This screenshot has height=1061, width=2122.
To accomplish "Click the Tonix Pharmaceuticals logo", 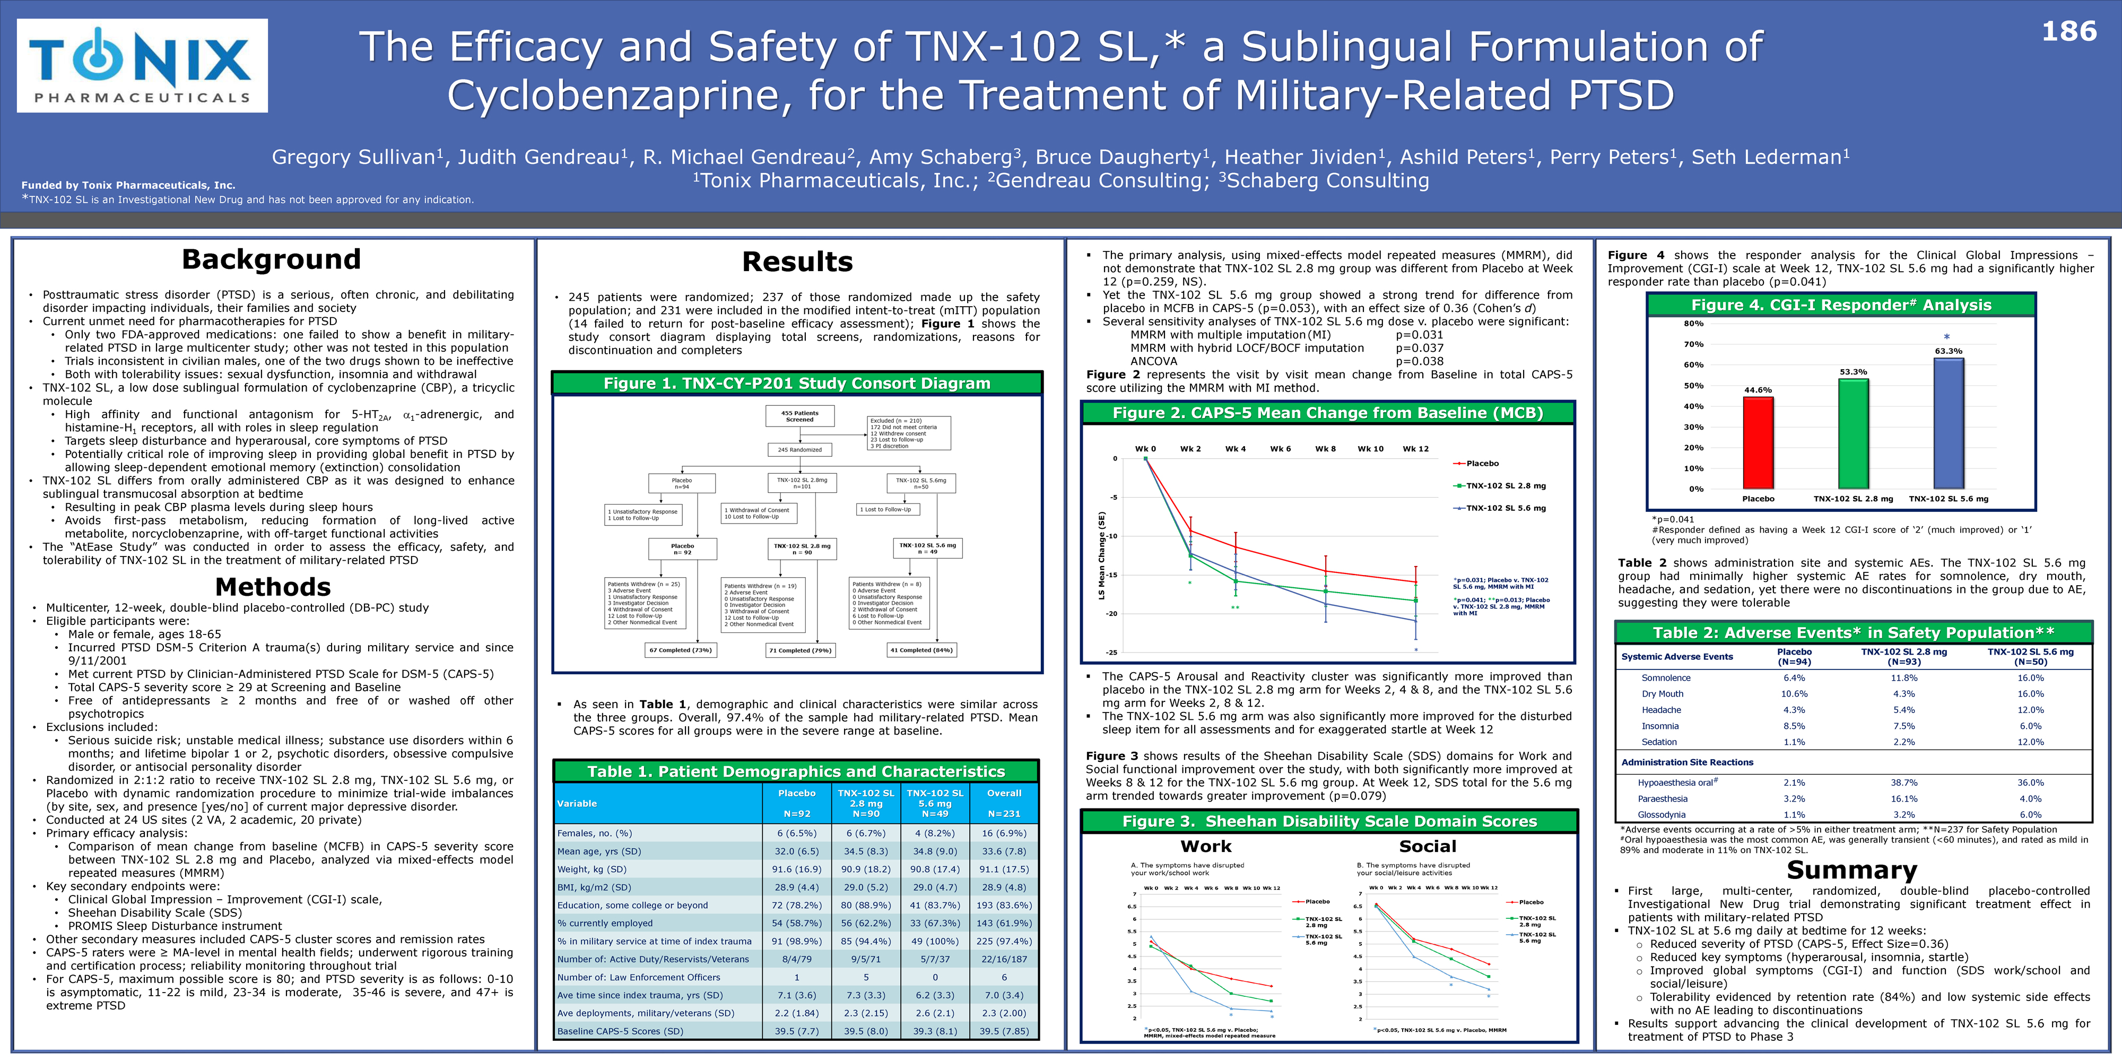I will [x=142, y=66].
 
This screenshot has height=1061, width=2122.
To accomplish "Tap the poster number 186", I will [x=2068, y=32].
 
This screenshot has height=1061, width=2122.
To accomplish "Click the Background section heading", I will [x=271, y=259].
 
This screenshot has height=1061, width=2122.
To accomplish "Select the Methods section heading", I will [x=273, y=587].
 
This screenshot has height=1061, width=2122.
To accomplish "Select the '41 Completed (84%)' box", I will [x=921, y=650].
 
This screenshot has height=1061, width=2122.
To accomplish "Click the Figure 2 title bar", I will [x=1327, y=413].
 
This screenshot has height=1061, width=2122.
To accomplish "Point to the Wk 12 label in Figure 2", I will [x=1415, y=449].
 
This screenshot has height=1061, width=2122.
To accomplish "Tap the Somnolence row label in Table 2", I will [x=1666, y=678].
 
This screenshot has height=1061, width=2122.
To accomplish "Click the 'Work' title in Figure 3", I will [x=1206, y=846].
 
